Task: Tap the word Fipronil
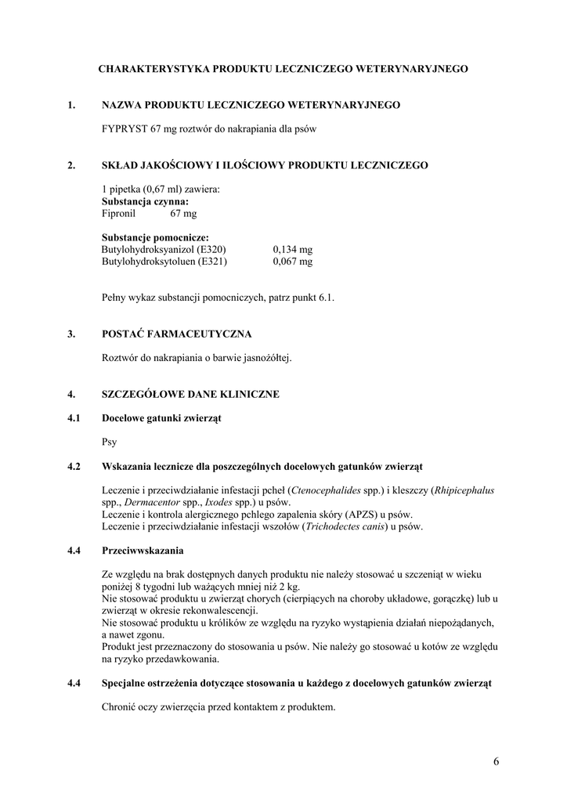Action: tap(119, 213)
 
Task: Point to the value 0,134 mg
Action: tap(292, 249)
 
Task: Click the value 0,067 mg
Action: tap(292, 262)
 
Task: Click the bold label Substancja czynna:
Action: tap(145, 201)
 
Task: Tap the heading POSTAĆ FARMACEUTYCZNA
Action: tap(176, 334)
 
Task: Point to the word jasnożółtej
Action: tap(265, 357)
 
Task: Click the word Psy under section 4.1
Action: tap(110, 442)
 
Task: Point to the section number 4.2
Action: tap(74, 467)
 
